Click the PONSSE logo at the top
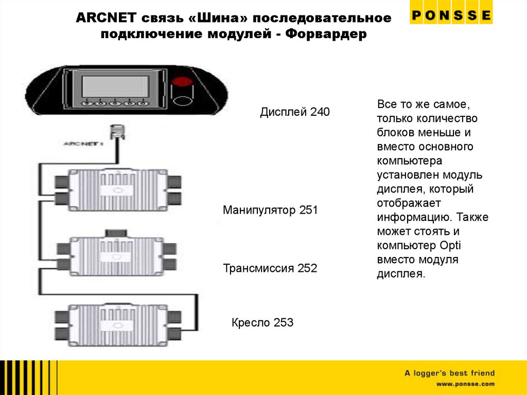451,14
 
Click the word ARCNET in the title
106,19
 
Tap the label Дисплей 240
294,112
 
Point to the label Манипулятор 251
270,210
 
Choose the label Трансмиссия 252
270,268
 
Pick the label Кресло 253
262,323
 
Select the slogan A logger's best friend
449,373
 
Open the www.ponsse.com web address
465,384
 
